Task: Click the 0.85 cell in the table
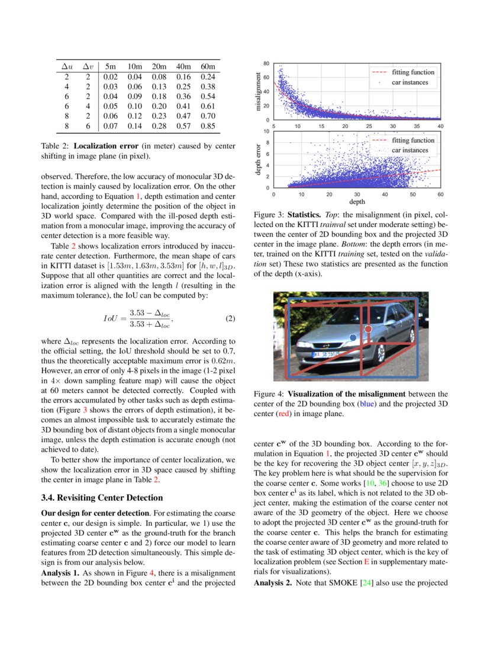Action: pos(207,126)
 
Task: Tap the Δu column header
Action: pos(67,65)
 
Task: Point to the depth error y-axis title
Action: pos(257,160)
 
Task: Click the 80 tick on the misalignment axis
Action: pos(267,63)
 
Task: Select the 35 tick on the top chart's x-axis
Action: pos(417,126)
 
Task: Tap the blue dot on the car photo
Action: pos(353,337)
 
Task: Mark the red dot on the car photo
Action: pos(368,328)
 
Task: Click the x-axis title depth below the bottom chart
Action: pos(357,202)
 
